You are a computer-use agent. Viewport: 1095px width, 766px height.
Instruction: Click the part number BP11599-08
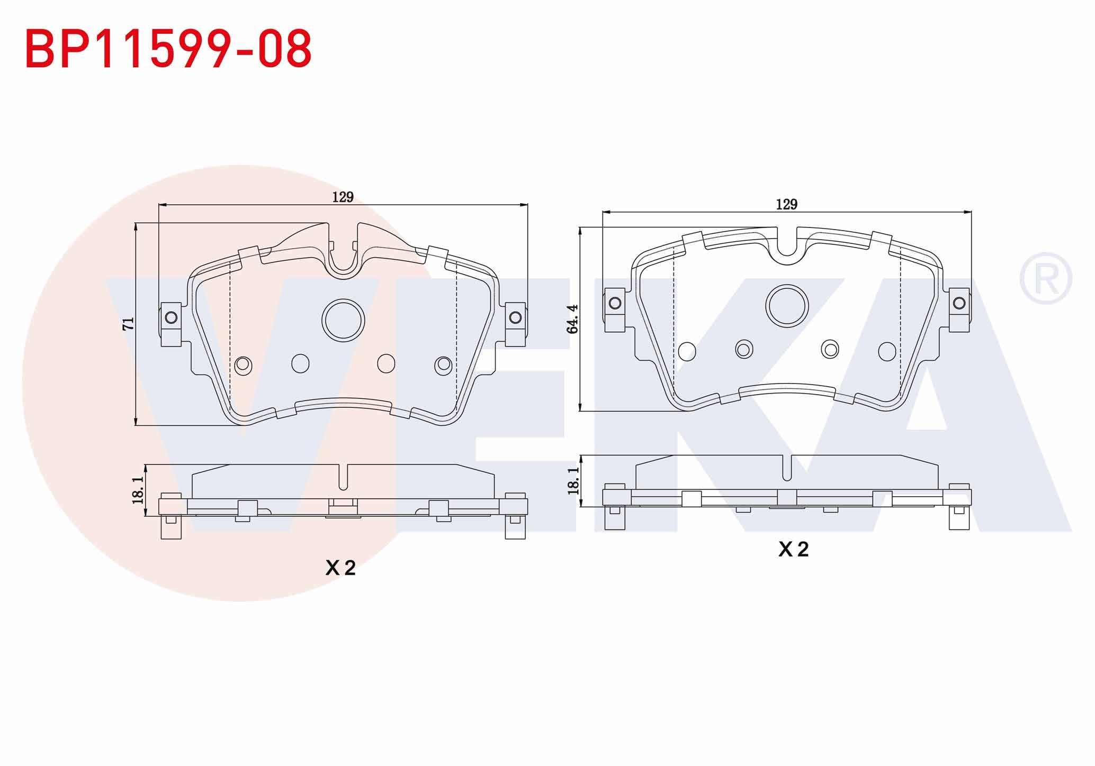168,49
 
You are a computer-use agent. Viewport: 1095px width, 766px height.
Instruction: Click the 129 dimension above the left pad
343,197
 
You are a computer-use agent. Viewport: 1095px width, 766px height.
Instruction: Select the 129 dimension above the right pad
786,205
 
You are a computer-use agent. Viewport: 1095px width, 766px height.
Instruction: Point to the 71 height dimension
129,323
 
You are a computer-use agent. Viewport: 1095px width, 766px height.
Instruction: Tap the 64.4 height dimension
572,319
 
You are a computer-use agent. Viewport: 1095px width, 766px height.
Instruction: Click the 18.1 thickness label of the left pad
138,489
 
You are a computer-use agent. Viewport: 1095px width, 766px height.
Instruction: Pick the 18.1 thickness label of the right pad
573,480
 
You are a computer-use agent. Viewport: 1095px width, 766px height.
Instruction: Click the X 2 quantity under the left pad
340,568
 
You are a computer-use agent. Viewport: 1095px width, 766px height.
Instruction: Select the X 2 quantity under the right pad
793,550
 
